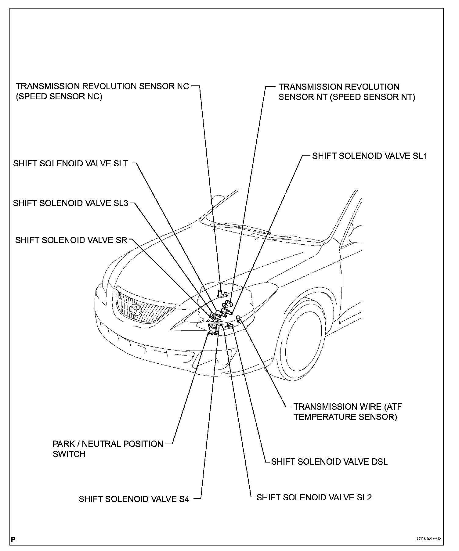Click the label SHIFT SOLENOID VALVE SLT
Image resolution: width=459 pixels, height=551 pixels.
[70, 164]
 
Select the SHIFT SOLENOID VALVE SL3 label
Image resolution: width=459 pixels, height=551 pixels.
[70, 203]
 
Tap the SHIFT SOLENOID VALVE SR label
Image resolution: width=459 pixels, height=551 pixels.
[71, 240]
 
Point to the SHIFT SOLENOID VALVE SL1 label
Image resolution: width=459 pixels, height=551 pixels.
[370, 156]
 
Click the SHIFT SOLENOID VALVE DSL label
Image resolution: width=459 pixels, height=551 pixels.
[329, 462]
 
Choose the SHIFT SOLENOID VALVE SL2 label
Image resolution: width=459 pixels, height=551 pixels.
[314, 498]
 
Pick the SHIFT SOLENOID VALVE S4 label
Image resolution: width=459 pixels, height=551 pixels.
[134, 499]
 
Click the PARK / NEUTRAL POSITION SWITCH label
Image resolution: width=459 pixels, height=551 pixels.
[108, 449]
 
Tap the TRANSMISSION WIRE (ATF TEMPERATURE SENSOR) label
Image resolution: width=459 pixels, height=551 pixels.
[348, 412]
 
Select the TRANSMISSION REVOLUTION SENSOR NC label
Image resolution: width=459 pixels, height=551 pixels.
[103, 91]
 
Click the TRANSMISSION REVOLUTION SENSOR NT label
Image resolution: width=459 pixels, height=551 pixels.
[347, 92]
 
